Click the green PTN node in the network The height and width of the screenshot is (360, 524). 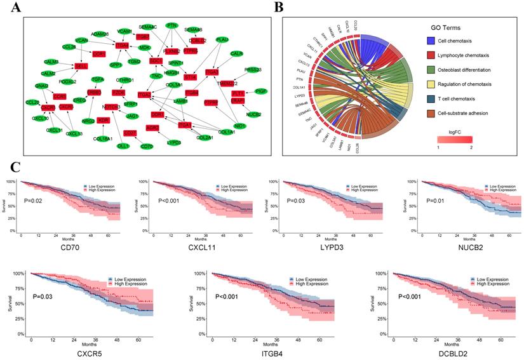(171, 25)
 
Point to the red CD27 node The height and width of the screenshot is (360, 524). (130, 133)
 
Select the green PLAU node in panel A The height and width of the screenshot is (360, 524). (222, 39)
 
